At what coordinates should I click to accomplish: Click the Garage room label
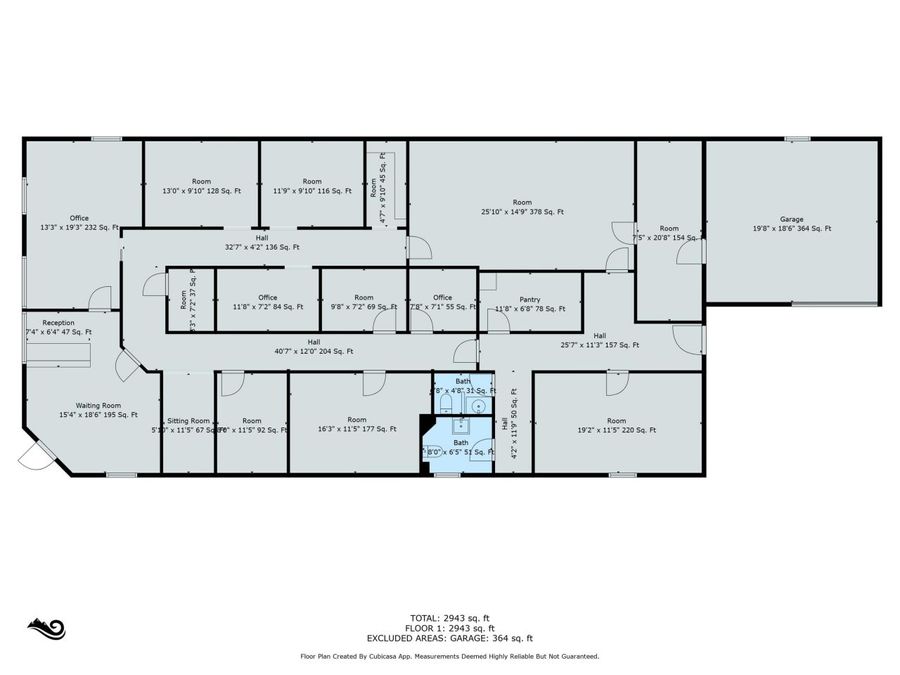791,223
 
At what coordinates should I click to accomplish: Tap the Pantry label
530,304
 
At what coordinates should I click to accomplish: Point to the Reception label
58,327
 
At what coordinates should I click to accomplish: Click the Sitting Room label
188,425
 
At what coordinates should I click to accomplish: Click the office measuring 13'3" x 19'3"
79,223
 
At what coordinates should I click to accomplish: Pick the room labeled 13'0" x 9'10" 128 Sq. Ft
202,186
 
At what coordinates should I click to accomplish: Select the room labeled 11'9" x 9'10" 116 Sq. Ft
312,186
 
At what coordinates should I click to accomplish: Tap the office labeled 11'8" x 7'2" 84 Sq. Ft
267,302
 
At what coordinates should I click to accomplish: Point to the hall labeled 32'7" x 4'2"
262,242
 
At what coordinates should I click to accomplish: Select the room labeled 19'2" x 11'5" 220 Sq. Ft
616,425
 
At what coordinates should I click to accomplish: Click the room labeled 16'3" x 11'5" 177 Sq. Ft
356,424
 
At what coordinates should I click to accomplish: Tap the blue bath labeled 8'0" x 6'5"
461,447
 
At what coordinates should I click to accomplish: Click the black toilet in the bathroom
445,402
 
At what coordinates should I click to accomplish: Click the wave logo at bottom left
46,628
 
